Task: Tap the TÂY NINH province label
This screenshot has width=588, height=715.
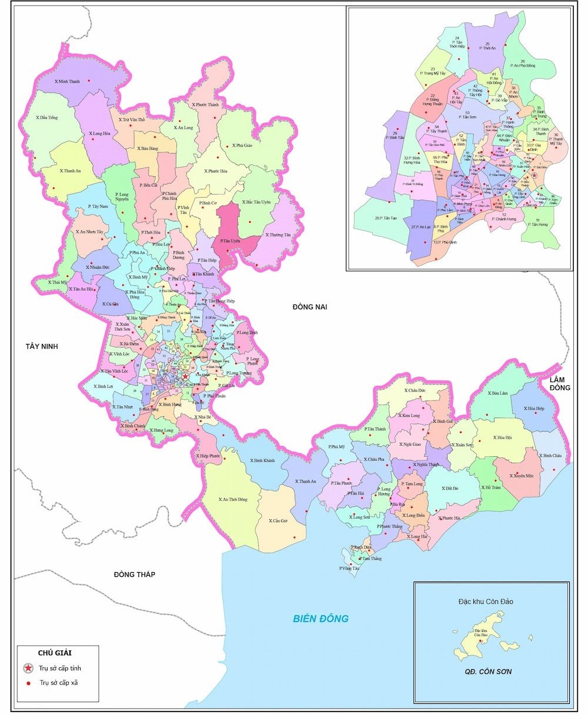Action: click(x=42, y=346)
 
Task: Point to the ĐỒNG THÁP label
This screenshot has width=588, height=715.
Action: click(x=135, y=574)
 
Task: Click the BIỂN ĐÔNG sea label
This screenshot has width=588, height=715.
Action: click(x=321, y=618)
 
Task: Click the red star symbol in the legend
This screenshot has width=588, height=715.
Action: click(x=28, y=669)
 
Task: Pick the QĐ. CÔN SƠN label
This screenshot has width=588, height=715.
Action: click(x=487, y=671)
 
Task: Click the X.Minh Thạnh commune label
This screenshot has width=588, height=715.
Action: click(x=66, y=81)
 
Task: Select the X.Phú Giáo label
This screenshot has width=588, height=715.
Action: click(x=242, y=145)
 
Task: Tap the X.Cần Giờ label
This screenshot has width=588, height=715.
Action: click(x=278, y=521)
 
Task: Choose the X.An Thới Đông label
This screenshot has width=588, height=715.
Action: click(x=232, y=499)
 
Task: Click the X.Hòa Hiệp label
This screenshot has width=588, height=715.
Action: click(x=532, y=408)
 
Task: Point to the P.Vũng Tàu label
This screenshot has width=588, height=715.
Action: click(x=349, y=568)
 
